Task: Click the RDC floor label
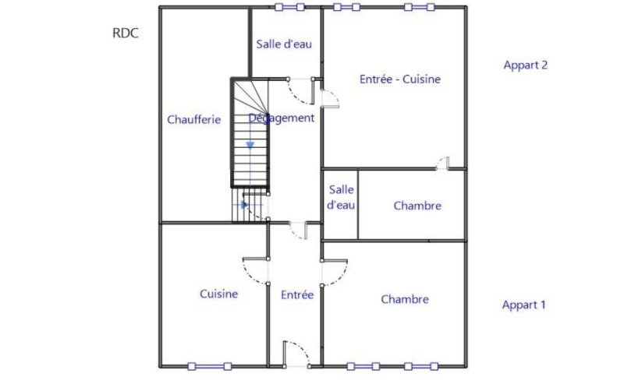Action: pyautogui.click(x=126, y=33)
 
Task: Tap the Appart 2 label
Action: pyautogui.click(x=525, y=65)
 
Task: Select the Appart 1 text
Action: pyautogui.click(x=523, y=305)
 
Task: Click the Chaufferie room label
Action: pyautogui.click(x=193, y=119)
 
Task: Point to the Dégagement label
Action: pyautogui.click(x=282, y=118)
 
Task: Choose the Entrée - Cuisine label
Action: pyautogui.click(x=400, y=79)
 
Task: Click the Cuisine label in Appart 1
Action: pyautogui.click(x=219, y=294)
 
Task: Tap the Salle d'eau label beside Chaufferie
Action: pyautogui.click(x=284, y=44)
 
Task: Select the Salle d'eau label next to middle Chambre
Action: pyautogui.click(x=341, y=198)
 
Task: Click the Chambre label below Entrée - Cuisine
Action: pyautogui.click(x=417, y=206)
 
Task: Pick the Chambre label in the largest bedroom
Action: pyautogui.click(x=405, y=299)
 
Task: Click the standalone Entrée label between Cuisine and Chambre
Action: pyautogui.click(x=297, y=295)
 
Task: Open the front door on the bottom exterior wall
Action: pyautogui.click(x=296, y=354)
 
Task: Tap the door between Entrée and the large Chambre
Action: pyautogui.click(x=335, y=273)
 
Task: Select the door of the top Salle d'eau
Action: pyautogui.click(x=301, y=91)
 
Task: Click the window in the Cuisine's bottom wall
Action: pyautogui.click(x=210, y=366)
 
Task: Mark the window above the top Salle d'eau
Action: pyautogui.click(x=289, y=7)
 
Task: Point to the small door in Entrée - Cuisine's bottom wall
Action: pyautogui.click(x=442, y=164)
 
